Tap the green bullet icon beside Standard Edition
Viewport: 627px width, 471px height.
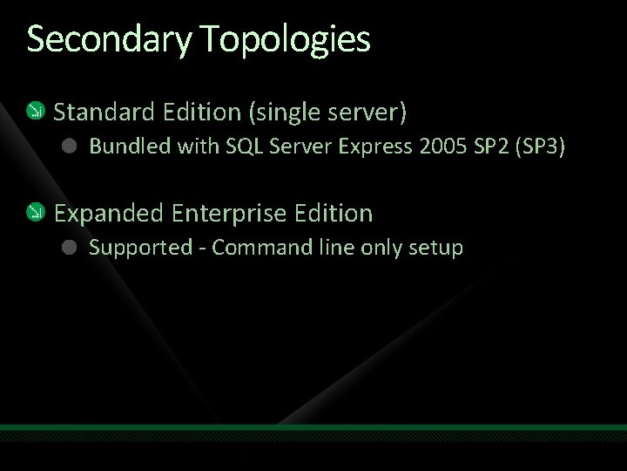pyautogui.click(x=36, y=111)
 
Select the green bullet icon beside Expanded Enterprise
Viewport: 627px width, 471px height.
pyautogui.click(x=36, y=212)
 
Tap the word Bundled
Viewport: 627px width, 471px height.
pyautogui.click(x=130, y=147)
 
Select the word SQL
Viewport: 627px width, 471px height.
pyautogui.click(x=245, y=147)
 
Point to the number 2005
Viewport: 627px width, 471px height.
pyautogui.click(x=443, y=147)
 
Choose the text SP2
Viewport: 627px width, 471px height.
pyautogui.click(x=492, y=147)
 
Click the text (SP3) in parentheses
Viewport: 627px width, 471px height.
pyautogui.click(x=542, y=147)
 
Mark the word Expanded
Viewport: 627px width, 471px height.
pyautogui.click(x=109, y=213)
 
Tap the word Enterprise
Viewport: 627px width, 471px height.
pyautogui.click(x=230, y=213)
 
